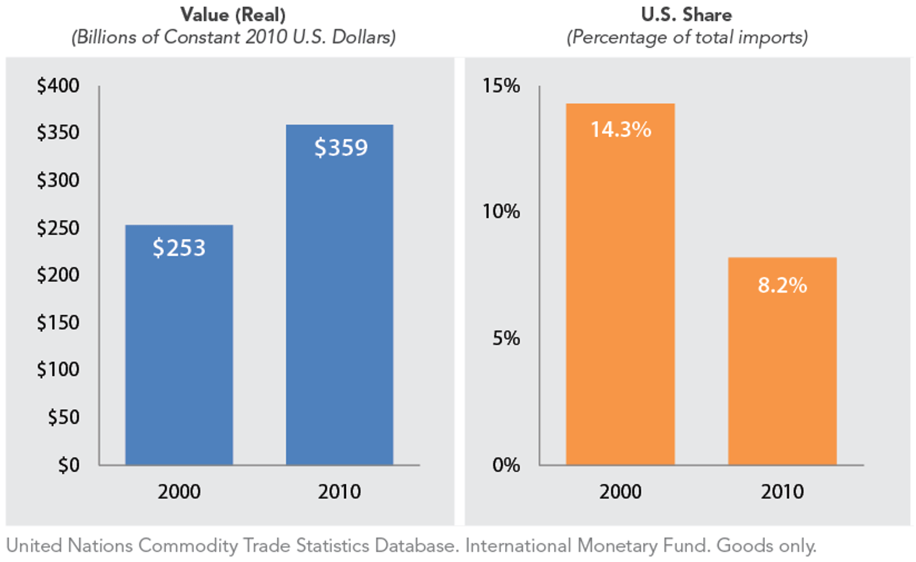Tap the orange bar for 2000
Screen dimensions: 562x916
[x=620, y=297]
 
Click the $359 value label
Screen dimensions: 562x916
[x=341, y=148]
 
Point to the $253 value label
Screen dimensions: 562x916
[x=179, y=248]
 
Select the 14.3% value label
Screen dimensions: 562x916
[x=621, y=129]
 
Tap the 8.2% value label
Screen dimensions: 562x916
[x=782, y=285]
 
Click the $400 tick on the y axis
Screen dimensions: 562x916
[x=58, y=85]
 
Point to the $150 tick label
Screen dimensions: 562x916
[x=58, y=322]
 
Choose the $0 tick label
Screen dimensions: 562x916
[x=69, y=465]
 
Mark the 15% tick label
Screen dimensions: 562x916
[x=501, y=85]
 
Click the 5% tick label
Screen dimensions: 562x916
[x=506, y=339]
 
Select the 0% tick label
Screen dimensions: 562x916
[x=506, y=465]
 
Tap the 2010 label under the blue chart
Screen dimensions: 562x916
[x=339, y=492]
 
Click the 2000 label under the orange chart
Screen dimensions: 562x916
[x=620, y=492]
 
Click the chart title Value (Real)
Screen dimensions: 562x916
[x=233, y=14]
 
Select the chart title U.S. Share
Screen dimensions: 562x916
[x=686, y=14]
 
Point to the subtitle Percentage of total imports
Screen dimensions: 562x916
[x=687, y=37]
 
